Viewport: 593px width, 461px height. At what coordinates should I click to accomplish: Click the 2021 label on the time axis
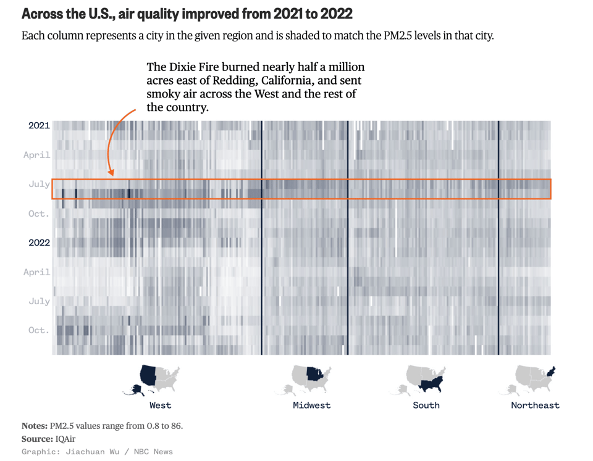point(39,125)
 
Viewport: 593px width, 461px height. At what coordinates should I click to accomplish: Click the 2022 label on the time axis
point(39,243)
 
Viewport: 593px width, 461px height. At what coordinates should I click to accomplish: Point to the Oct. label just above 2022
point(39,214)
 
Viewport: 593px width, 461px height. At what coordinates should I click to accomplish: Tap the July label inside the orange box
point(39,184)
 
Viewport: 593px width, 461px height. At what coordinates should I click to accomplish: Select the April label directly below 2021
point(37,155)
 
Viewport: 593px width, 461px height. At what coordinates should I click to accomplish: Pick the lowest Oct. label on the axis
point(39,330)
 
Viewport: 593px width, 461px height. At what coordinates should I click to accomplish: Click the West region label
point(160,405)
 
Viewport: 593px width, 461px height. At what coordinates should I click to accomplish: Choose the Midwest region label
point(311,405)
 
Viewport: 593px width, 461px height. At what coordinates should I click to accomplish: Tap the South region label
point(426,405)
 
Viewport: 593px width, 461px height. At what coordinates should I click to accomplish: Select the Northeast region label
point(535,405)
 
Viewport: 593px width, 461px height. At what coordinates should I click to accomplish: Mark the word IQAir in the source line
point(65,439)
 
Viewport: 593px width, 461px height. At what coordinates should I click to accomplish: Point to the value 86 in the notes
point(175,426)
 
